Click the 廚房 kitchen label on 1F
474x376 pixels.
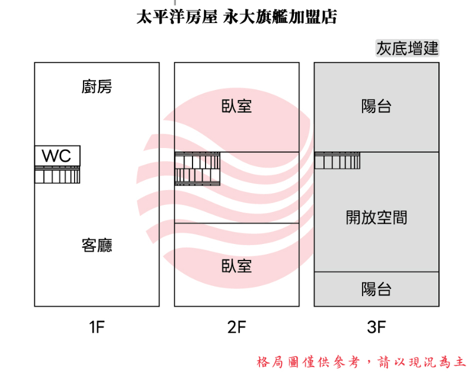click(x=97, y=88)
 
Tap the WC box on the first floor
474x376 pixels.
click(x=57, y=156)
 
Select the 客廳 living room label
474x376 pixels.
click(x=97, y=245)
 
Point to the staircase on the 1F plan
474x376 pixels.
click(x=57, y=175)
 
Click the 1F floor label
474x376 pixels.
click(x=97, y=327)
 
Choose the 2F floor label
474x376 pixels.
click(x=236, y=327)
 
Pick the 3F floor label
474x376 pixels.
click(x=376, y=327)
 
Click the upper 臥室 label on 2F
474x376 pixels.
click(x=236, y=107)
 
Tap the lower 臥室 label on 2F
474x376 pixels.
click(x=236, y=266)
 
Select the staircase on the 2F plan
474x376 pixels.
click(x=197, y=169)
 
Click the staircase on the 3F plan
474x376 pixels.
click(x=337, y=161)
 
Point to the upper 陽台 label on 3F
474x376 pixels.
click(x=376, y=107)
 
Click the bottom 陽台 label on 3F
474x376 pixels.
click(x=376, y=290)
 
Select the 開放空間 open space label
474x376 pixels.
click(x=376, y=217)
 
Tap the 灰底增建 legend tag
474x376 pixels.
click(x=408, y=48)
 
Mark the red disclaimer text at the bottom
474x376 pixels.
click(x=361, y=361)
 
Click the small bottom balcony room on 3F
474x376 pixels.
click(x=409, y=289)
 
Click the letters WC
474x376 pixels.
click(x=56, y=156)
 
